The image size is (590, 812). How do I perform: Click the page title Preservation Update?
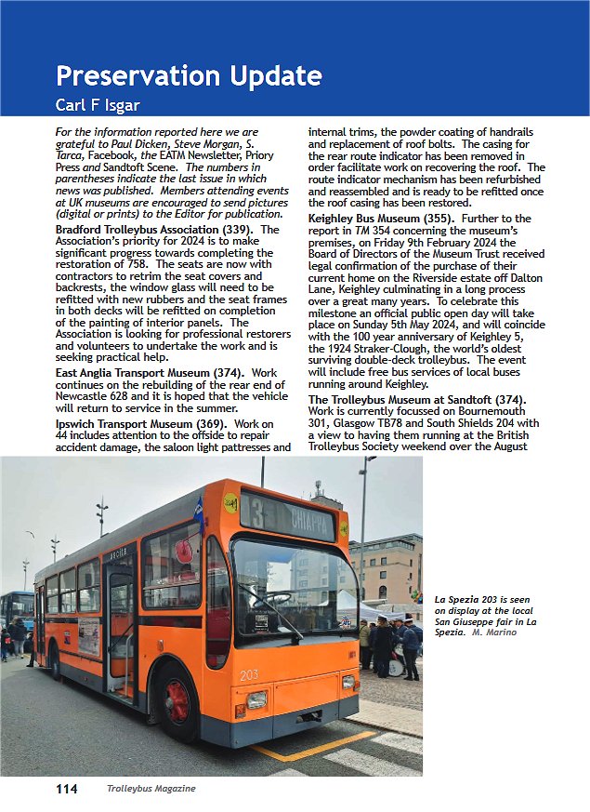[x=189, y=75]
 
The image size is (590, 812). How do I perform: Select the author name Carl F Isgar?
[x=108, y=102]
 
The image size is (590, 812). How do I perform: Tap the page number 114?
[x=66, y=789]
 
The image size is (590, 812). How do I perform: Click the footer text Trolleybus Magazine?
[x=150, y=789]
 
